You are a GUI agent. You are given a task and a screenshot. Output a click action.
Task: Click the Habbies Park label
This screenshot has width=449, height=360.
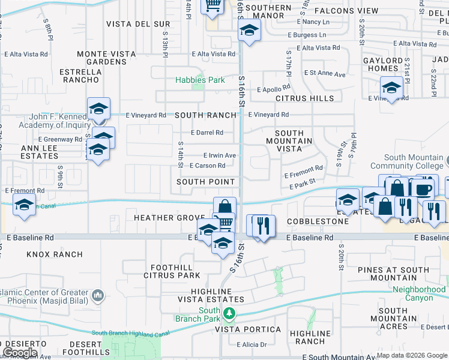200,80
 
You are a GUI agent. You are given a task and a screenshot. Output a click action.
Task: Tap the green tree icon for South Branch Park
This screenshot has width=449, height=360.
229,313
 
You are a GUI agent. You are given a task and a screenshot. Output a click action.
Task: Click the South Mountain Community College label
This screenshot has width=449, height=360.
408,161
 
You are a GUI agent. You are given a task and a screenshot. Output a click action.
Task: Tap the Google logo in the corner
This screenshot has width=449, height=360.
20,353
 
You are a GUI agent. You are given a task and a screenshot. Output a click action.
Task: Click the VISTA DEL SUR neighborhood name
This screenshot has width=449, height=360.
138,24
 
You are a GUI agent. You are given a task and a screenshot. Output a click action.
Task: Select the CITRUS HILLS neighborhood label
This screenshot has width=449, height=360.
304,98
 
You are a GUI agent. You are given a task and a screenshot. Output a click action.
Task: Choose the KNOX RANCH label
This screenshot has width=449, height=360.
55,254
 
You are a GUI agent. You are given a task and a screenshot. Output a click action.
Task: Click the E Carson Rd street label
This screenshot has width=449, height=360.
207,166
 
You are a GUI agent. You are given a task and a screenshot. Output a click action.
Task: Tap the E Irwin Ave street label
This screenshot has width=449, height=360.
219,155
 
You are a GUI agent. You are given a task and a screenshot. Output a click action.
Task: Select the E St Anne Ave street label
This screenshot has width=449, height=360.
325,74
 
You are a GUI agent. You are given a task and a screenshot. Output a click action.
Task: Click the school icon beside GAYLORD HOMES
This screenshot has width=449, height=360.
391,88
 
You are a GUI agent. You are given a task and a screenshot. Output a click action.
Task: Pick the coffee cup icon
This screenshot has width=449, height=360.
421,188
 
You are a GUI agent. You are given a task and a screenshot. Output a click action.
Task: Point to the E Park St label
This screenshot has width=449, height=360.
302,187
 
